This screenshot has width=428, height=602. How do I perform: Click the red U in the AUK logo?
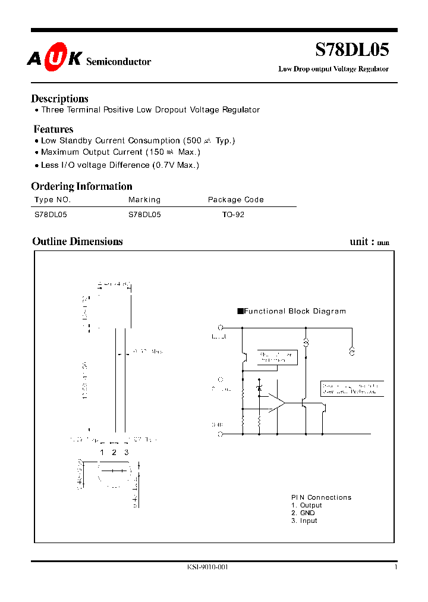pos(58,58)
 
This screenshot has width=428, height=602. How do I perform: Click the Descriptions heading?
pos(59,99)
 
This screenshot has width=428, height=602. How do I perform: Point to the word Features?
pos(53,129)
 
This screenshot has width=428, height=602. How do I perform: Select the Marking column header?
pos(144,200)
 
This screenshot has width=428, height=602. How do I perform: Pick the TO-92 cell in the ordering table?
pos(233,215)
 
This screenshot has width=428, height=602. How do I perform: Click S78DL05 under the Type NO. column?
pos(51,215)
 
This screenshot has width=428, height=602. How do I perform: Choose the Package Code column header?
pos(235,200)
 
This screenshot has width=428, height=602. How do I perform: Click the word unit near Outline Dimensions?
pos(359,242)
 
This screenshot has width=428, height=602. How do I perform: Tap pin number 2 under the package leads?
pos(114,453)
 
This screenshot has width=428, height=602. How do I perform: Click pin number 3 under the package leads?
pos(126,453)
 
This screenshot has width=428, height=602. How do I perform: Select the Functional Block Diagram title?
pos(294,311)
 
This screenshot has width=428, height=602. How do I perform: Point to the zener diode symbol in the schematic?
pos(259,388)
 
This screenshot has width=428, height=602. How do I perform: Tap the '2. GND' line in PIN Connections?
pos(303,513)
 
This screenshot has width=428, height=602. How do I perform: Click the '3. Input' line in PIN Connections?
pos(304,521)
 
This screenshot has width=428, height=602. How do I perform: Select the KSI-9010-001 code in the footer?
pos(207,567)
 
